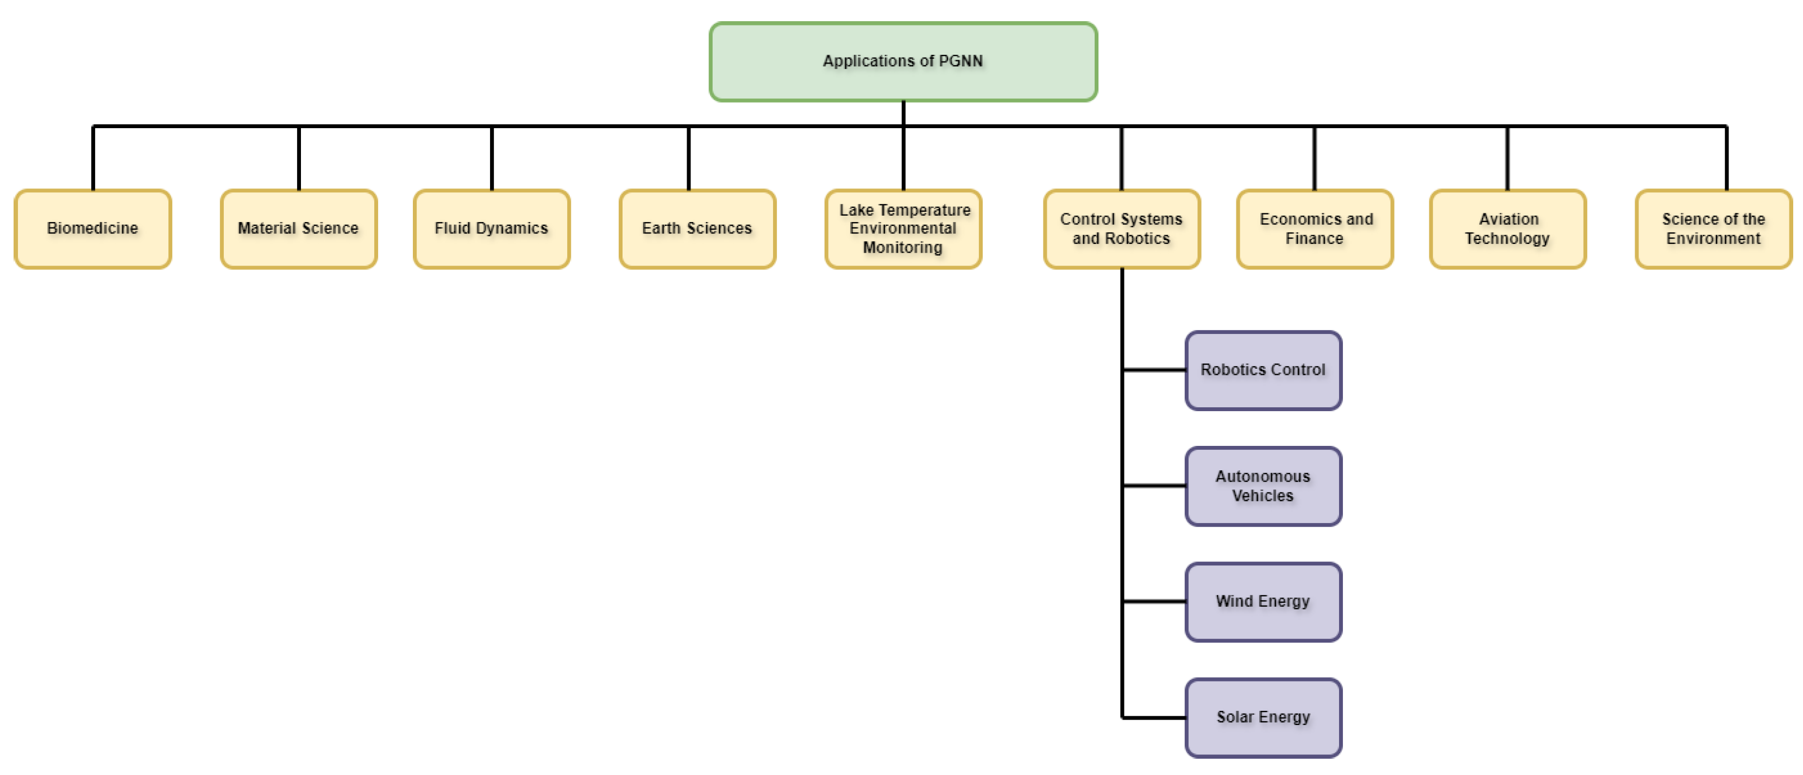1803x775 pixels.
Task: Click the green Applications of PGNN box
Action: tap(903, 61)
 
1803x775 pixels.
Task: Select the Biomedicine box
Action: tap(92, 229)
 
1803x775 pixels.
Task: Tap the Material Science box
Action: tap(298, 229)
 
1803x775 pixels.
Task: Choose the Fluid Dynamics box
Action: tap(491, 229)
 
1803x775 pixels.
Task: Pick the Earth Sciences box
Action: tap(697, 229)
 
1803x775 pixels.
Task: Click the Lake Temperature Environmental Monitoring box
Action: tap(903, 229)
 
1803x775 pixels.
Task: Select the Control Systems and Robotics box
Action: tap(1121, 229)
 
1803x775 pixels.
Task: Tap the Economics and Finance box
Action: tap(1315, 229)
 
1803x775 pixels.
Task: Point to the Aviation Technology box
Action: tap(1507, 229)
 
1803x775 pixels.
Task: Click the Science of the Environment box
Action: tap(1713, 229)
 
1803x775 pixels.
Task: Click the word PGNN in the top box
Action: tap(960, 61)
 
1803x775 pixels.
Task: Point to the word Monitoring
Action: tap(902, 248)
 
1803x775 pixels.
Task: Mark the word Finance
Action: tap(1315, 238)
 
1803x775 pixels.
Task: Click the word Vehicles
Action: tap(1262, 496)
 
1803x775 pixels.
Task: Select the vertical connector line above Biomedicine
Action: tap(93, 158)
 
